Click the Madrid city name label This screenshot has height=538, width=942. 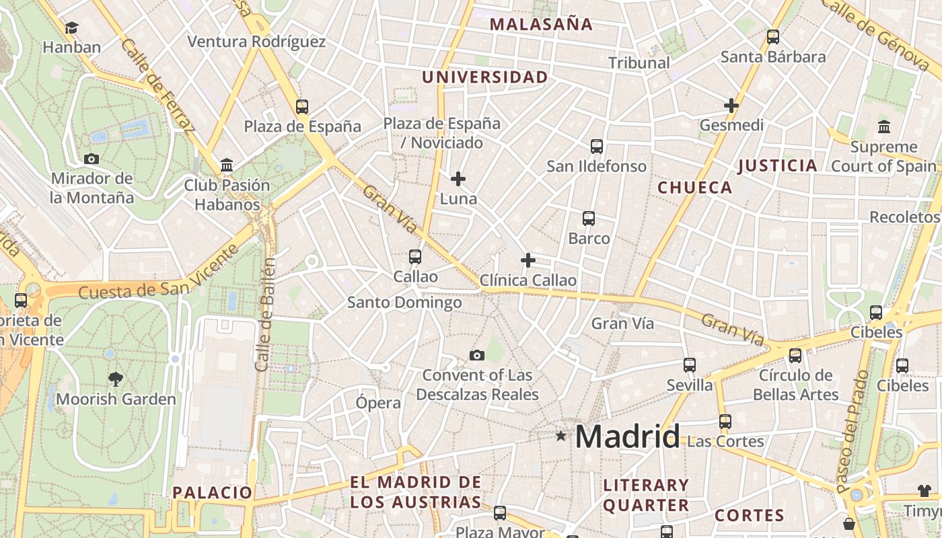[627, 437]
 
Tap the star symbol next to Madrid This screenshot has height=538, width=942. [561, 436]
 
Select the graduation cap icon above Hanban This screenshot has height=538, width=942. [71, 28]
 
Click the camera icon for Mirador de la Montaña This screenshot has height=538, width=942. [92, 159]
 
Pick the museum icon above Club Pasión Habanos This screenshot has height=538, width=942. [227, 165]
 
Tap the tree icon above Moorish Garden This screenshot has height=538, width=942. [116, 379]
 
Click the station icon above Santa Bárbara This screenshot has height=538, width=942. [773, 37]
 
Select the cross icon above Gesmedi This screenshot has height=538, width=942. [731, 106]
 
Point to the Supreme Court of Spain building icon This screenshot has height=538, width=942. [883, 126]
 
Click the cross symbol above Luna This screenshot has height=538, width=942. [458, 179]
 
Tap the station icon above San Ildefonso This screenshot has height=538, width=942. [596, 146]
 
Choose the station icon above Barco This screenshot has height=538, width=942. [589, 219]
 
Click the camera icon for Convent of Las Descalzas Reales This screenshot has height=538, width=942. [477, 355]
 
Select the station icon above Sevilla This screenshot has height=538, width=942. [690, 365]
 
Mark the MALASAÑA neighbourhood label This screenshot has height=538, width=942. [541, 25]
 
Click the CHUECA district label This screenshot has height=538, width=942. [694, 188]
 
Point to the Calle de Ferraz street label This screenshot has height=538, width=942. [157, 85]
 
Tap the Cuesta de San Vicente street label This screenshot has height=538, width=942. [159, 272]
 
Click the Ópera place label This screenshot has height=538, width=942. [378, 403]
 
